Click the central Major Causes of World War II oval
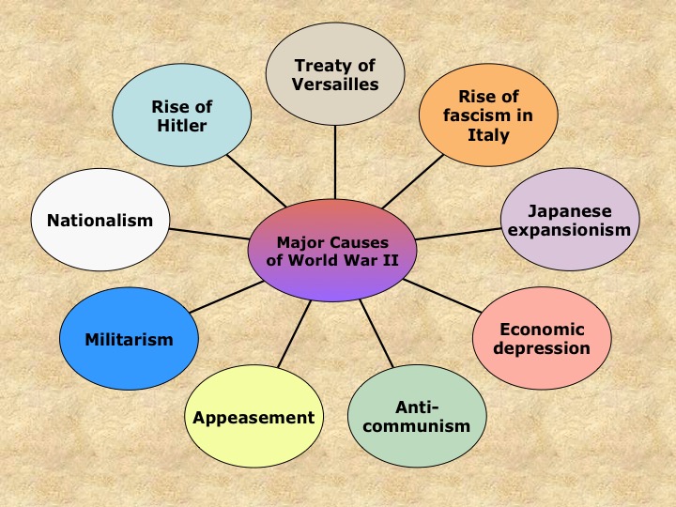click(x=332, y=251)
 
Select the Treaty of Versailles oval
click(x=335, y=74)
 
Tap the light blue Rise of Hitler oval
click(x=182, y=115)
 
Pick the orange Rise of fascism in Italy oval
click(x=488, y=115)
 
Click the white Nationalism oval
click(x=100, y=220)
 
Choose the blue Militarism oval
click(x=129, y=339)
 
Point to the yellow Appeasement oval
click(x=253, y=417)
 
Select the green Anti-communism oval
click(x=417, y=417)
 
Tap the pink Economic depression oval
click(x=542, y=338)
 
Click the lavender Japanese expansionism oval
click(x=570, y=220)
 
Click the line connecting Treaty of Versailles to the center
click(x=335, y=162)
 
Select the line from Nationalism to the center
click(x=209, y=234)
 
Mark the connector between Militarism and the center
click(x=227, y=297)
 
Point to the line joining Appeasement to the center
click(x=295, y=334)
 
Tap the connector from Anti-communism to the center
click(x=376, y=333)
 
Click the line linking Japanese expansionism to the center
click(x=458, y=234)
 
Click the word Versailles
click(x=335, y=84)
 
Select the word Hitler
click(x=182, y=126)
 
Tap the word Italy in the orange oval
click(x=488, y=135)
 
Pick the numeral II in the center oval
click(x=391, y=260)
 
